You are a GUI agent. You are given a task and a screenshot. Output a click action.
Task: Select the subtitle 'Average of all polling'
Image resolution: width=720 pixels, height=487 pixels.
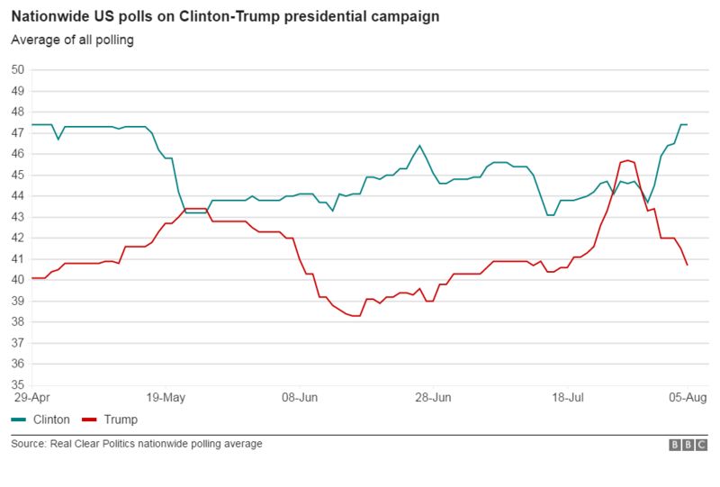pyautogui.click(x=72, y=41)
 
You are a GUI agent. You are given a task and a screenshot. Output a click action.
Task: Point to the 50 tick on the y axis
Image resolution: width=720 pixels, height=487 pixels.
pyautogui.click(x=18, y=69)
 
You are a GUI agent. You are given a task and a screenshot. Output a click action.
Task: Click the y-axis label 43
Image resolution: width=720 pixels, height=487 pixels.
pyautogui.click(x=18, y=217)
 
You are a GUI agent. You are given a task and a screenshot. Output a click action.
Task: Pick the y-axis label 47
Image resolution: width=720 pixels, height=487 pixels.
pyautogui.click(x=18, y=132)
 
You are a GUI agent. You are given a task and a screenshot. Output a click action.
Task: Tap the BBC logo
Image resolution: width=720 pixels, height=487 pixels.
pyautogui.click(x=688, y=445)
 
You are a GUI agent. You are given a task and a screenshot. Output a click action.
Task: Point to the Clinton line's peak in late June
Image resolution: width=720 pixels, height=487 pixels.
pyautogui.click(x=419, y=145)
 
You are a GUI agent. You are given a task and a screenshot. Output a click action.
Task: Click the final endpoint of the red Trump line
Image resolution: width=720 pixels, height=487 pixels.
pyautogui.click(x=688, y=265)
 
